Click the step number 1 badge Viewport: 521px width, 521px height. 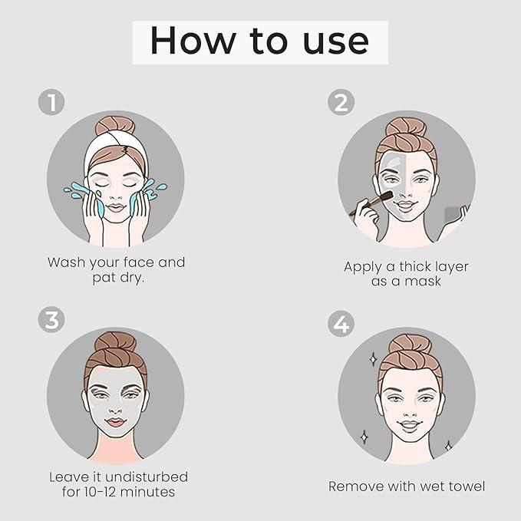(51, 102)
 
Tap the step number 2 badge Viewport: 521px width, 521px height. (341, 102)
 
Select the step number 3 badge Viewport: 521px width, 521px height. (51, 319)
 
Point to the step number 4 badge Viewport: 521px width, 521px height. (341, 324)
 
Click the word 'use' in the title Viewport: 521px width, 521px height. (336, 41)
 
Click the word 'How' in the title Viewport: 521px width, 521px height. (193, 40)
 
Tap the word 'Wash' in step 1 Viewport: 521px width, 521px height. (67, 262)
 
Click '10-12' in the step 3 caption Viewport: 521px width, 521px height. (101, 492)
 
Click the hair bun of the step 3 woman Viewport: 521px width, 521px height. (115, 342)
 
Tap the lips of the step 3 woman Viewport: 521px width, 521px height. (115, 422)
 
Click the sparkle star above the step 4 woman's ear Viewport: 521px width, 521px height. (373, 359)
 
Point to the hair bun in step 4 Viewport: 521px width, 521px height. (410, 345)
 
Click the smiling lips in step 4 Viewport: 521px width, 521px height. (410, 426)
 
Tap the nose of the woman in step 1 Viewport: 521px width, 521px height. (115, 196)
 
